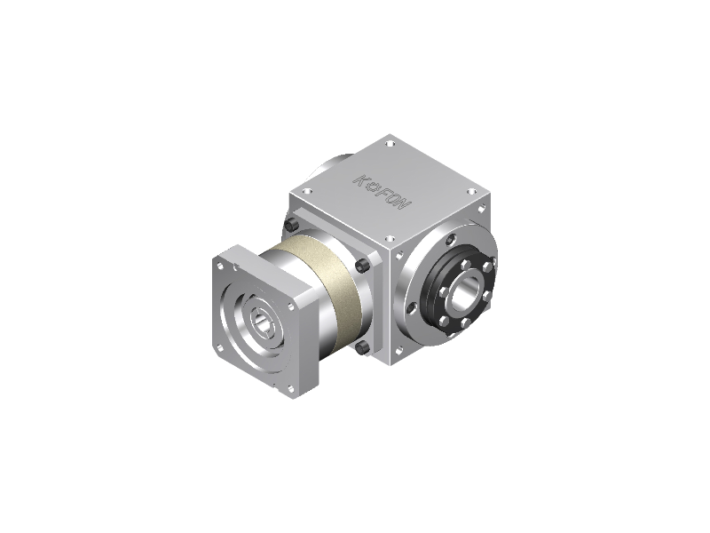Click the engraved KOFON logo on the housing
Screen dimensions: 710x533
pos(383,192)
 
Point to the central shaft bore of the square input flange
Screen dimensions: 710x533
pos(264,322)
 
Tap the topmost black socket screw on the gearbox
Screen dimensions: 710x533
pos(291,224)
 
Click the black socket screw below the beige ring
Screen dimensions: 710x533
pos(362,348)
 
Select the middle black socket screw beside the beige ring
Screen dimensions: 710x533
pos(362,266)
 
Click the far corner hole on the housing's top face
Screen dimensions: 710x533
pos(390,144)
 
